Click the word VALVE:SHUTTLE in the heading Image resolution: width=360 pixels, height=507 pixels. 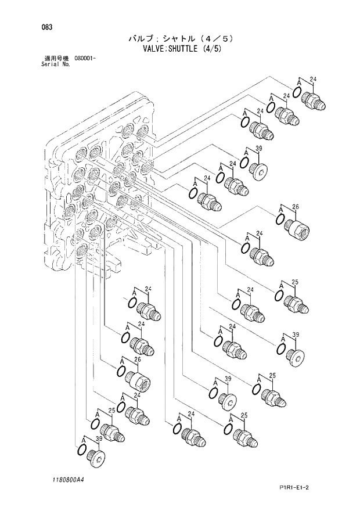click(168, 49)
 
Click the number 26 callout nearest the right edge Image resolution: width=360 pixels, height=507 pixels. click(296, 207)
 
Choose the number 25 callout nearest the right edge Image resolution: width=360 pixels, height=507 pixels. click(296, 282)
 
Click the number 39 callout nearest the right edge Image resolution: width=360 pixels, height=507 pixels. click(296, 335)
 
